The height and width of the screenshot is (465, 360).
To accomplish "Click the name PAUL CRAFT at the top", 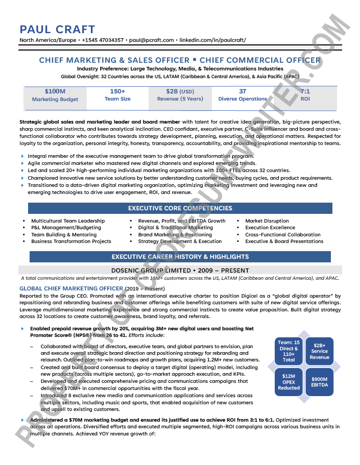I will (x=57, y=29).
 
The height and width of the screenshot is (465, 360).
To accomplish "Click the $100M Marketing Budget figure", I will (x=55, y=91).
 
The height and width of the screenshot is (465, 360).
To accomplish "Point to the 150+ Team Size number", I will (x=117, y=91).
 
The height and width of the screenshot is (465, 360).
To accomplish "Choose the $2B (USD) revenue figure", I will (x=180, y=91).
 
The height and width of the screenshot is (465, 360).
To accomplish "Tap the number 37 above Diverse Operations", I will (x=243, y=91).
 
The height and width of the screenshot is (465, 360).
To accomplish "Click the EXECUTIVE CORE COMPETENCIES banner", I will (x=180, y=208).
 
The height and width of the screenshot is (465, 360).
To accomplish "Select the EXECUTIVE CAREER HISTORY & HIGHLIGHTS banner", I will (x=180, y=257).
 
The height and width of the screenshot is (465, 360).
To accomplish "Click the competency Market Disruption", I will (x=267, y=221).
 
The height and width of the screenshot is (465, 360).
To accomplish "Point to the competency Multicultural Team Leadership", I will (x=68, y=221).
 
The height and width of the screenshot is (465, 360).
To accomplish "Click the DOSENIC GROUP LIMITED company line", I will (x=180, y=271).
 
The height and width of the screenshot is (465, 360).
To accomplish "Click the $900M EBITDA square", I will (x=319, y=382).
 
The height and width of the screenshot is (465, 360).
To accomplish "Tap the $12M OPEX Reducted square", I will (x=289, y=382).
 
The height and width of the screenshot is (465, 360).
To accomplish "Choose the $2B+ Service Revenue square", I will (x=319, y=351).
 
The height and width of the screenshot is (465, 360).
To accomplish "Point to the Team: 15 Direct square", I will (x=289, y=351).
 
